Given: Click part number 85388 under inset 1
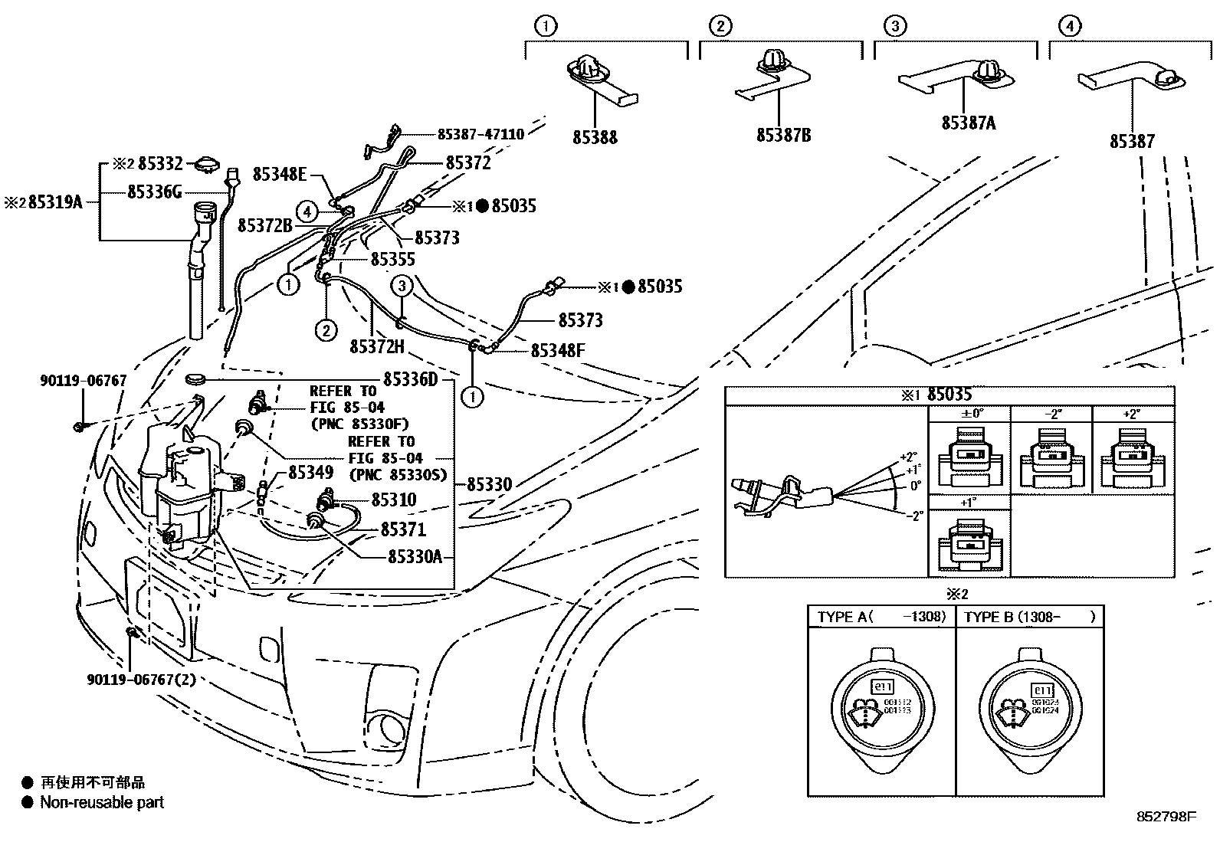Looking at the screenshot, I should pos(595,137).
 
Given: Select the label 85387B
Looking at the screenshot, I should pos(783,135).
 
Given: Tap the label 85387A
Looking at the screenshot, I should pos(969,123).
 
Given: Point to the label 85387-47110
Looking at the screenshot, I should pos(480,134).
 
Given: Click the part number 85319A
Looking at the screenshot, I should pos(55,202).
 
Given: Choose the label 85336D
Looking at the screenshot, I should pos(410,379).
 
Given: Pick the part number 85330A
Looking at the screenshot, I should pos(415,557).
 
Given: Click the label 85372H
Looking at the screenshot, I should pos(376,347).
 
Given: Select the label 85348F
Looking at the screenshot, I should pos(558,350).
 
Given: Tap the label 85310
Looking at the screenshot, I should pos(394,500).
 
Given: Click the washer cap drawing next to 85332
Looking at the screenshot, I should pos(207,163).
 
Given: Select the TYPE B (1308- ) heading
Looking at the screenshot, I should pos(1029,616).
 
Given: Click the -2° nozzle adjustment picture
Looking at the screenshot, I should pos(1051,459).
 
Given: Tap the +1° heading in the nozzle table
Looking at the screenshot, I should pos(969,503).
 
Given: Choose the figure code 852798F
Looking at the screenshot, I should pos(1166,817).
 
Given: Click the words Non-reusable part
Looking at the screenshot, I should pos(102,802).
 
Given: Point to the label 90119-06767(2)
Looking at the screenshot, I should pos(141,679).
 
